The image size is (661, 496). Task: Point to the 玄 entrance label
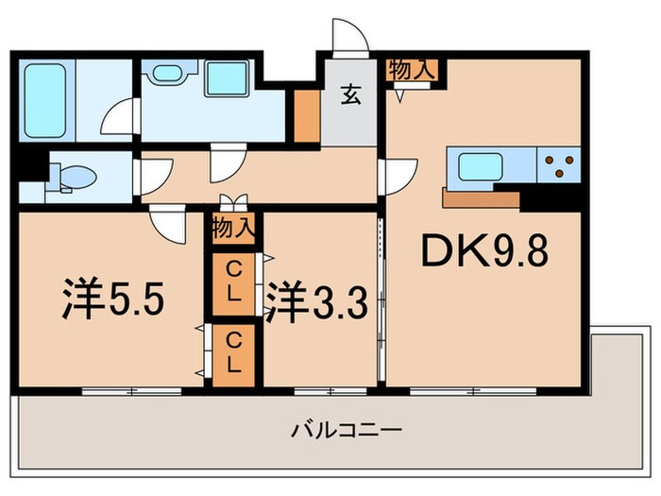350,95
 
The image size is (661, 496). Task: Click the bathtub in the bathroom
45,98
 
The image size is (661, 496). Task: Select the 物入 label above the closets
232,228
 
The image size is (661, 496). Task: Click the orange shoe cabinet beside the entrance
305,116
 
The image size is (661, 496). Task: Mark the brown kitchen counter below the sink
480,198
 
